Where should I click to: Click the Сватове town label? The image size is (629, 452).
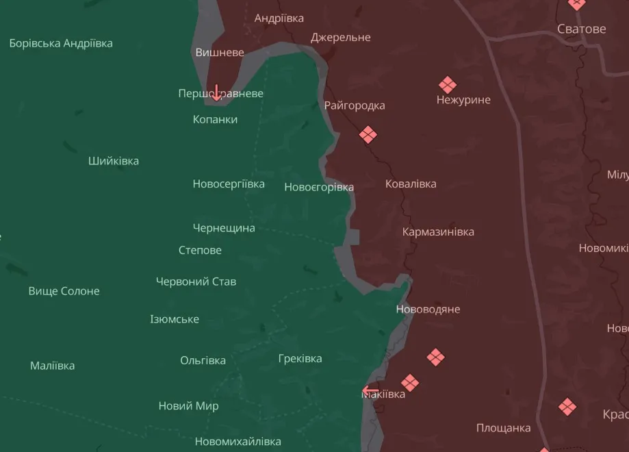click(x=581, y=29)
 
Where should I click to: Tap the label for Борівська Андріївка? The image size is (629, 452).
click(x=61, y=43)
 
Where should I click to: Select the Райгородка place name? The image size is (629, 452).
click(x=355, y=105)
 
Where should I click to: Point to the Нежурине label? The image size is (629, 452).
click(x=463, y=100)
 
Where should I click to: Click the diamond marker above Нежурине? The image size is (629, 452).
click(x=448, y=85)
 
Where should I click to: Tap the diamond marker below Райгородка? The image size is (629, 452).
click(x=368, y=134)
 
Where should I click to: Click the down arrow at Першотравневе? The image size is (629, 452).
click(x=216, y=92)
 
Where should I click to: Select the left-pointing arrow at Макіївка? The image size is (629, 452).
click(x=370, y=391)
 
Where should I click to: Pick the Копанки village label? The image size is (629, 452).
click(x=215, y=119)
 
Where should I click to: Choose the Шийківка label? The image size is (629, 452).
click(x=113, y=161)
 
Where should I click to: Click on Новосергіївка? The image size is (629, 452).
click(x=229, y=184)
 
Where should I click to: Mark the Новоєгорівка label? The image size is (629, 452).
click(x=319, y=187)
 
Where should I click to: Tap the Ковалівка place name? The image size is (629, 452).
click(x=411, y=184)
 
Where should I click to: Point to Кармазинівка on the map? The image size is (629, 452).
click(x=438, y=231)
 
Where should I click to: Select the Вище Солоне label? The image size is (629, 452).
click(x=64, y=291)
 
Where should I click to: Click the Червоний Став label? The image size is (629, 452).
click(x=196, y=281)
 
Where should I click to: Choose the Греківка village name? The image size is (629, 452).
click(x=300, y=358)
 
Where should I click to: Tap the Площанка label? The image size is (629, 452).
click(x=503, y=428)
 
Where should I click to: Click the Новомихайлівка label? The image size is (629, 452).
click(x=238, y=442)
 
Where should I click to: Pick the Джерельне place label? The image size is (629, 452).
click(x=340, y=37)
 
